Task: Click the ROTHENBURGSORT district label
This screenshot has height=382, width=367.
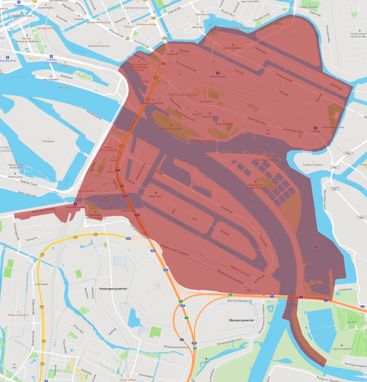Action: tap(184, 95)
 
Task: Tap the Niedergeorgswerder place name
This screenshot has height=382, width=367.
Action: tap(113, 289)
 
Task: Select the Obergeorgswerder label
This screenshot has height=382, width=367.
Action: tap(241, 320)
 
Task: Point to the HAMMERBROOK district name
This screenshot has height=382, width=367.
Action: tap(137, 8)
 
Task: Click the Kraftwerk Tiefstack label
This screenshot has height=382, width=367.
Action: tap(313, 165)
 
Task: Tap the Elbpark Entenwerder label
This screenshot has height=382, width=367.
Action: tap(171, 129)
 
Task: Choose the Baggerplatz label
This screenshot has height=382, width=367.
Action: tap(156, 196)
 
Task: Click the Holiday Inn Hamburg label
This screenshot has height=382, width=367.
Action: tap(153, 103)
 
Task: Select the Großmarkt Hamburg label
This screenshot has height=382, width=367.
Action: tap(99, 46)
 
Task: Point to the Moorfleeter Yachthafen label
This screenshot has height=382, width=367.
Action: tap(268, 160)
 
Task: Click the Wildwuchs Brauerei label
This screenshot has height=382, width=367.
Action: tap(18, 315)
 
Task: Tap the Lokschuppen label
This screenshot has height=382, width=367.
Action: tap(42, 284)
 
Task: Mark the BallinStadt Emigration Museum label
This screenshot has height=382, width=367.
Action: tap(96, 217)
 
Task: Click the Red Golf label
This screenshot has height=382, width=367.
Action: tap(351, 322)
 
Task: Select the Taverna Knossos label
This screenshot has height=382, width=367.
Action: tap(128, 380)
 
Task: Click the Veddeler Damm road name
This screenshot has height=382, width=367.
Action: tap(29, 183)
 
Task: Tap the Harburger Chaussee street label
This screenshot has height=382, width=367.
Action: tap(44, 210)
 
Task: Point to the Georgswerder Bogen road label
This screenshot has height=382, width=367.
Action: tap(140, 232)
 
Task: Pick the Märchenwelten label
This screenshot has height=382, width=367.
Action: tap(51, 79)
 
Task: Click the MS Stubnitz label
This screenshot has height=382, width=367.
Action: tap(64, 88)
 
